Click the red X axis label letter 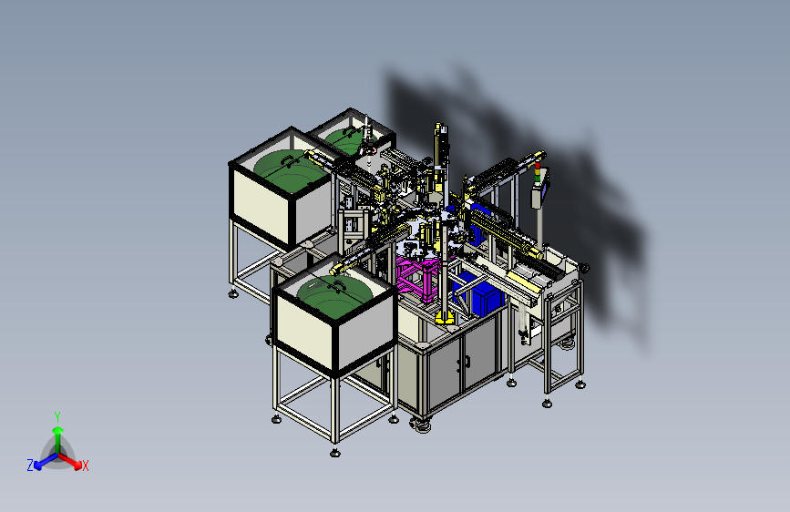[85, 466]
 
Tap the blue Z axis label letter [30, 466]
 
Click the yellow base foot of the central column [445, 317]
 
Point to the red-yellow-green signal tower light [537, 171]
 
